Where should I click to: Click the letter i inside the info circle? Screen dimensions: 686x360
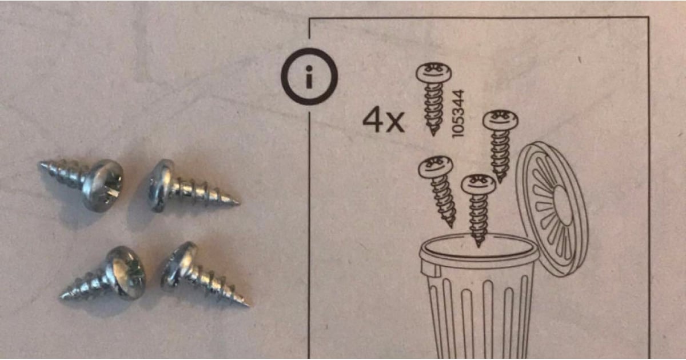pyautogui.click(x=309, y=77)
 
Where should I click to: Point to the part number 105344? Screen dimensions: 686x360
pyautogui.click(x=458, y=114)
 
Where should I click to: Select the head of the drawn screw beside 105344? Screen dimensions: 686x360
pyautogui.click(x=433, y=73)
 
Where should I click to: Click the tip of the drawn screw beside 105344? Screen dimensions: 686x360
pyautogui.click(x=433, y=135)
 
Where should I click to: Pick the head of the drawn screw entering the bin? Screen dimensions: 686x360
pyautogui.click(x=478, y=184)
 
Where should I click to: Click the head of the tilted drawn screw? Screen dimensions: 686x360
pyautogui.click(x=436, y=166)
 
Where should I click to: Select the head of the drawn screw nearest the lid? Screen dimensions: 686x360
pyautogui.click(x=500, y=119)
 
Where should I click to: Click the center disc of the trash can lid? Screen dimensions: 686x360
pyautogui.click(x=563, y=206)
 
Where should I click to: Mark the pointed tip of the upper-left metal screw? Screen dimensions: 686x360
pyautogui.click(x=40, y=165)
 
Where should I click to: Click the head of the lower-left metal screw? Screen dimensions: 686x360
pyautogui.click(x=126, y=273)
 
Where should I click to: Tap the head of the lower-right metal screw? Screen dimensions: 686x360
pyautogui.click(x=178, y=266)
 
